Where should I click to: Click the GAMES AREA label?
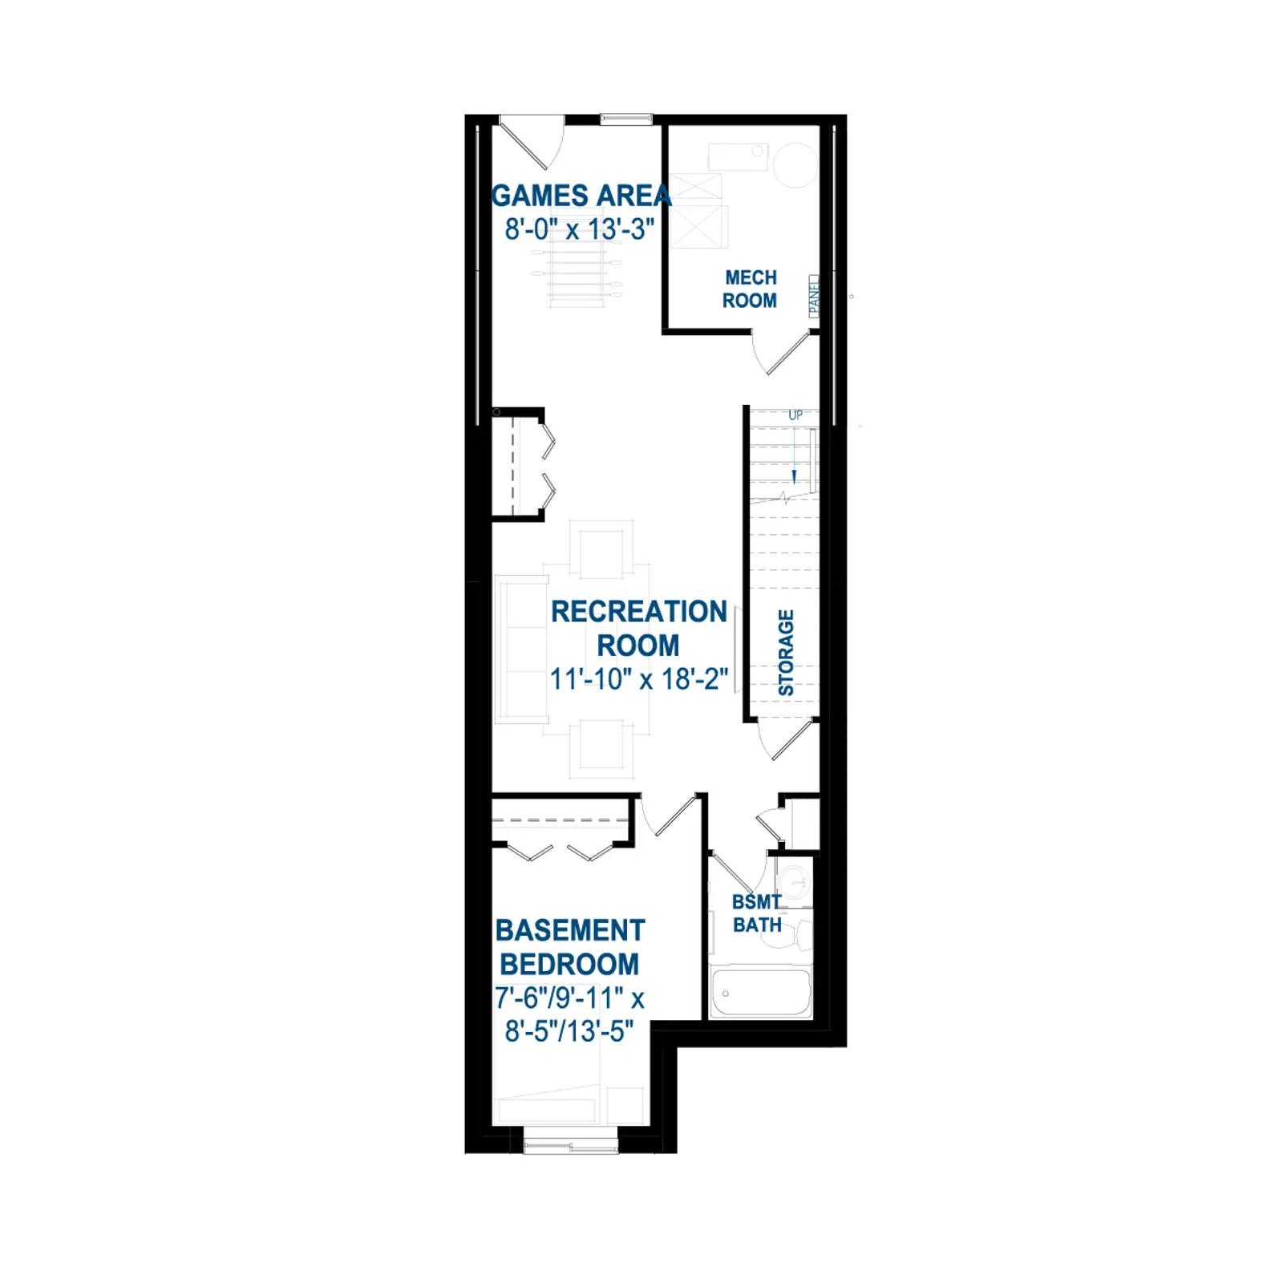(x=581, y=196)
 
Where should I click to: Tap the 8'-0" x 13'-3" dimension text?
(x=580, y=229)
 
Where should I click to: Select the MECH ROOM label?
(x=751, y=289)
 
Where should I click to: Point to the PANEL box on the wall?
(x=814, y=296)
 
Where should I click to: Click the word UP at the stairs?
(x=795, y=415)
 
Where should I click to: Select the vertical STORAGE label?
(x=786, y=653)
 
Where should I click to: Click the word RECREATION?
(x=639, y=611)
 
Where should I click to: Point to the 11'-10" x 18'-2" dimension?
(x=639, y=679)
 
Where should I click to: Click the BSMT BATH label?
(x=757, y=913)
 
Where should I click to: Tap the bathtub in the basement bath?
(x=761, y=993)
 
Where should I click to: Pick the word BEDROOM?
(x=569, y=964)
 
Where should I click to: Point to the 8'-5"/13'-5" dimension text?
(x=569, y=1031)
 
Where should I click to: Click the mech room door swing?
(x=783, y=353)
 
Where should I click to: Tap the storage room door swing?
(x=787, y=739)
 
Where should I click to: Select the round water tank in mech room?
(x=795, y=164)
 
